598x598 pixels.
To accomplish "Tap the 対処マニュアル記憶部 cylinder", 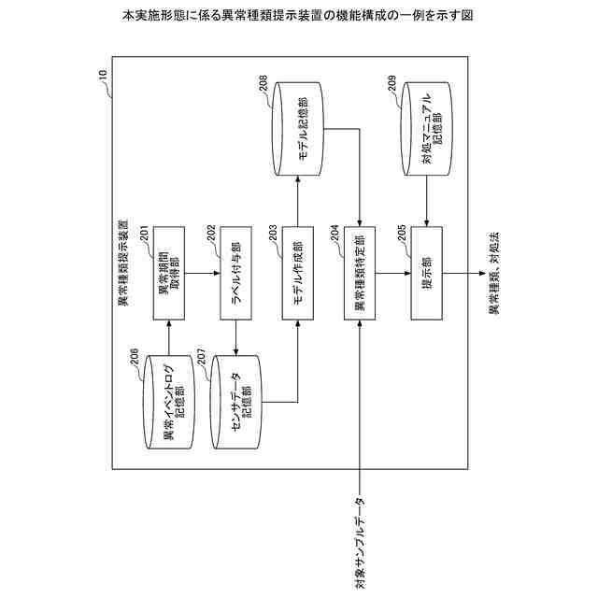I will click(426, 135).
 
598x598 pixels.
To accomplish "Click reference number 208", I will click(263, 86).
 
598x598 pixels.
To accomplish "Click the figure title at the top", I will click(298, 17).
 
